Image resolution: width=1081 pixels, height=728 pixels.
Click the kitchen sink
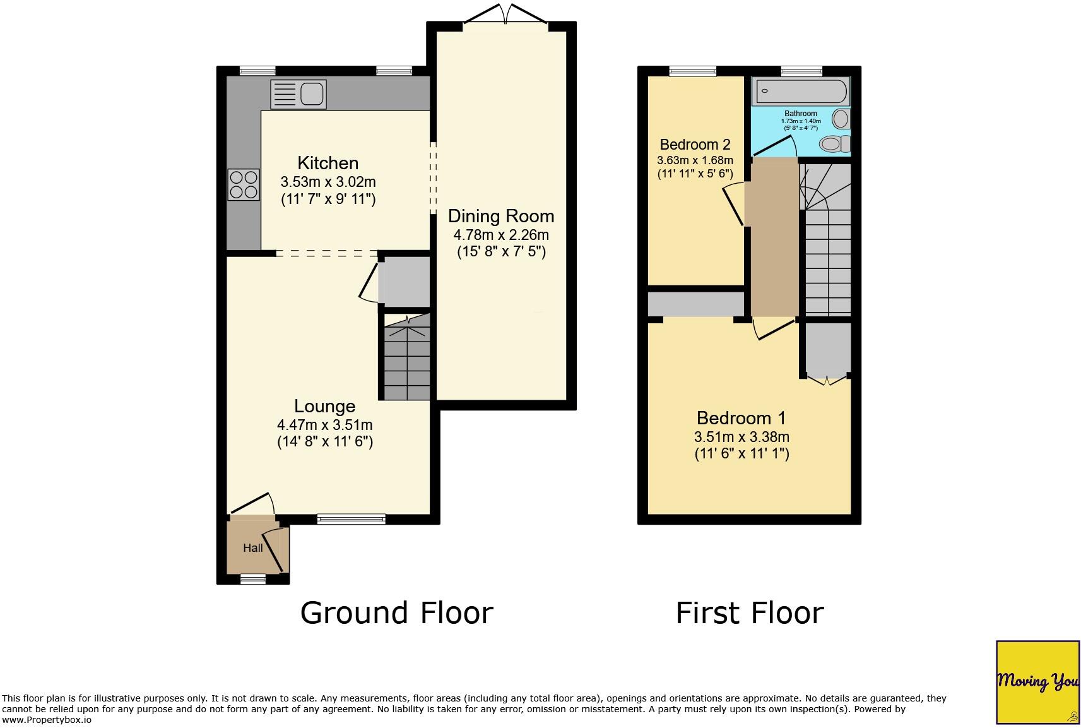click(299, 94)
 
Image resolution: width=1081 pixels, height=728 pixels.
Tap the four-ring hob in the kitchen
click(244, 184)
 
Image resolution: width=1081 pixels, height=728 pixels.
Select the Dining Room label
click(501, 216)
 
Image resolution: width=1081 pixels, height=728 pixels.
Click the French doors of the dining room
click(505, 14)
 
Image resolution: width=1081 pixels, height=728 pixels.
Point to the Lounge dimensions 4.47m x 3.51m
click(324, 425)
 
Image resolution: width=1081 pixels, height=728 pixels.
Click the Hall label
click(253, 548)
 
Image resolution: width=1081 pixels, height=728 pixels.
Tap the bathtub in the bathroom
click(800, 92)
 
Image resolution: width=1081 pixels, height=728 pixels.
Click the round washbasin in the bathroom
click(841, 118)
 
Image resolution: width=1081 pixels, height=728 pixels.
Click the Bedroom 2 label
click(695, 144)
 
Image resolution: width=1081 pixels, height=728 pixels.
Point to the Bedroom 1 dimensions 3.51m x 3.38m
click(741, 437)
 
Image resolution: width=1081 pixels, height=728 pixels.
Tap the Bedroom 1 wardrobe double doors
click(827, 379)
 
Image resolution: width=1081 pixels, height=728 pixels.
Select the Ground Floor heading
click(396, 612)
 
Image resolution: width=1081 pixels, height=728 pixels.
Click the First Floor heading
click(750, 612)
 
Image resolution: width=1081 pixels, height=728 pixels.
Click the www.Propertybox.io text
click(47, 720)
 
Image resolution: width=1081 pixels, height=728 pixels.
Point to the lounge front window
click(351, 519)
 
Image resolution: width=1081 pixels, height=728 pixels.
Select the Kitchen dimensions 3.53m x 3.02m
click(328, 182)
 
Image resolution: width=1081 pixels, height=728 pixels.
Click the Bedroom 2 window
click(693, 71)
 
